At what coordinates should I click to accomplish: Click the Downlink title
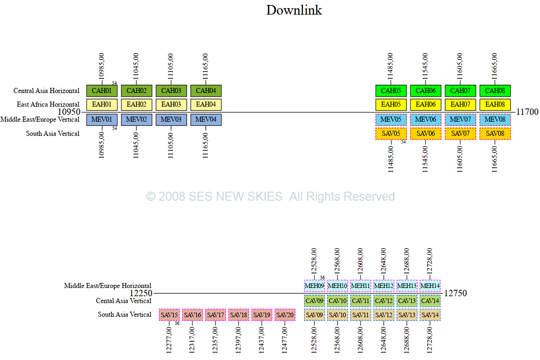(294, 10)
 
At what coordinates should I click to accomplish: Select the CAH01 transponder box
(102, 90)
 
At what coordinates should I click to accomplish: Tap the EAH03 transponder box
(171, 105)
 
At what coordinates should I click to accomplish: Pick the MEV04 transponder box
(206, 120)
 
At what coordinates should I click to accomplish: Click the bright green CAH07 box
(460, 90)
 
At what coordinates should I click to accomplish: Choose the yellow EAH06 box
(426, 105)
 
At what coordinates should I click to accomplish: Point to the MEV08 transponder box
(495, 120)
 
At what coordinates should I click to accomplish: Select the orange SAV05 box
(391, 134)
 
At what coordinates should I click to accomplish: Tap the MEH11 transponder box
(361, 285)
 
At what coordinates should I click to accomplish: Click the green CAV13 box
(407, 301)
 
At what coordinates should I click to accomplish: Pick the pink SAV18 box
(239, 315)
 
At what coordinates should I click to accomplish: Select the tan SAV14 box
(430, 315)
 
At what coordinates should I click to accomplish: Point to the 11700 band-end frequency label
(527, 112)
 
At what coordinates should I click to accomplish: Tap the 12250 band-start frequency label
(141, 293)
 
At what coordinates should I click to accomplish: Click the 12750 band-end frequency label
(455, 293)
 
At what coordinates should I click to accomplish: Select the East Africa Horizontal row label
(48, 104)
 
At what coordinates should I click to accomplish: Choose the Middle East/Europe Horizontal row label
(108, 285)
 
